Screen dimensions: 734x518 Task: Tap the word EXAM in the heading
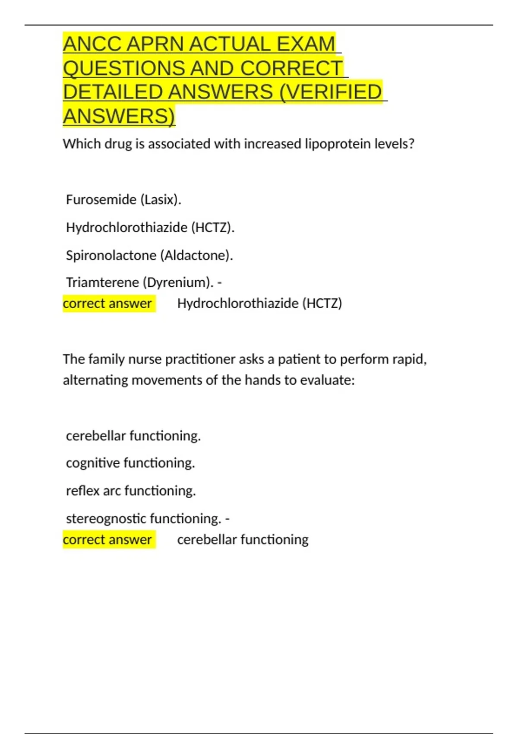pyautogui.click(x=306, y=44)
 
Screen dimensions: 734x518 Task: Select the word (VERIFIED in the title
pyautogui.click(x=331, y=92)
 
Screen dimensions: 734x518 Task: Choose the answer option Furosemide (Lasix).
pyautogui.click(x=123, y=199)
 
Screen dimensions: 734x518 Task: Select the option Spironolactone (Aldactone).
pyautogui.click(x=149, y=255)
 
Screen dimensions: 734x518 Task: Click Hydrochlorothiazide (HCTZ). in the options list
pyautogui.click(x=150, y=228)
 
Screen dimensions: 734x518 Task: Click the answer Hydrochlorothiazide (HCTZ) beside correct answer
pyautogui.click(x=259, y=304)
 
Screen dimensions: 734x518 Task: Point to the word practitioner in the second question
pyautogui.click(x=201, y=359)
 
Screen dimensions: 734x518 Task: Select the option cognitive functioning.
pyautogui.click(x=130, y=463)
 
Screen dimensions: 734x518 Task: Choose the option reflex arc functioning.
pyautogui.click(x=131, y=491)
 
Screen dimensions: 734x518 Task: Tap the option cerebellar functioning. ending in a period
pyautogui.click(x=133, y=436)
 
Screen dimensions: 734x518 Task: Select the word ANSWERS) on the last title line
pyautogui.click(x=119, y=116)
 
